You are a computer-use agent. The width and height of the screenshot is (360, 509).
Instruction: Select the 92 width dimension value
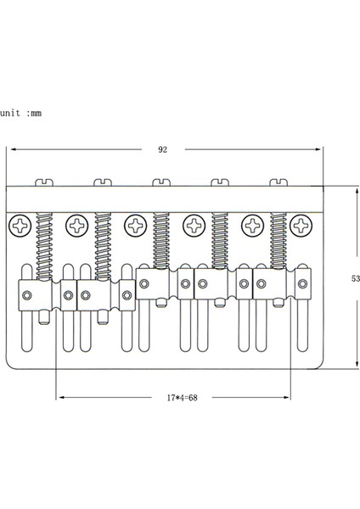tap(162, 149)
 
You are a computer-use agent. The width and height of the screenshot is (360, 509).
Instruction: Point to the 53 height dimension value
tap(354, 277)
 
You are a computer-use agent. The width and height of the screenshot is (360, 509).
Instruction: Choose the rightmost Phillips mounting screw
tap(301, 225)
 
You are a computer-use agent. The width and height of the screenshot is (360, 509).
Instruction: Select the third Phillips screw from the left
tap(134, 226)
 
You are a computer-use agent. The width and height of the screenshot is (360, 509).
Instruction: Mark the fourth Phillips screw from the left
tap(193, 226)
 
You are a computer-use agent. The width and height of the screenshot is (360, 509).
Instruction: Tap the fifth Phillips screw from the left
tap(252, 226)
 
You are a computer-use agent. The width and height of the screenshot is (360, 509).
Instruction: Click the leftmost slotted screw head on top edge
tap(43, 182)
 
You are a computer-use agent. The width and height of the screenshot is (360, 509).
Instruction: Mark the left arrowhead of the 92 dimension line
tap(12, 149)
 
